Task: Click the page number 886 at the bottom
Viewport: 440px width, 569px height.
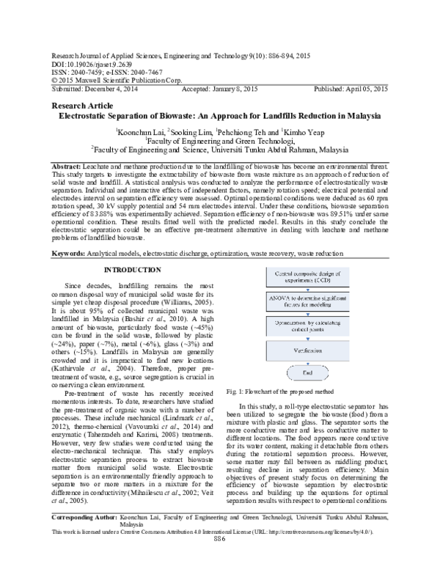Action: pos(219,558)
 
